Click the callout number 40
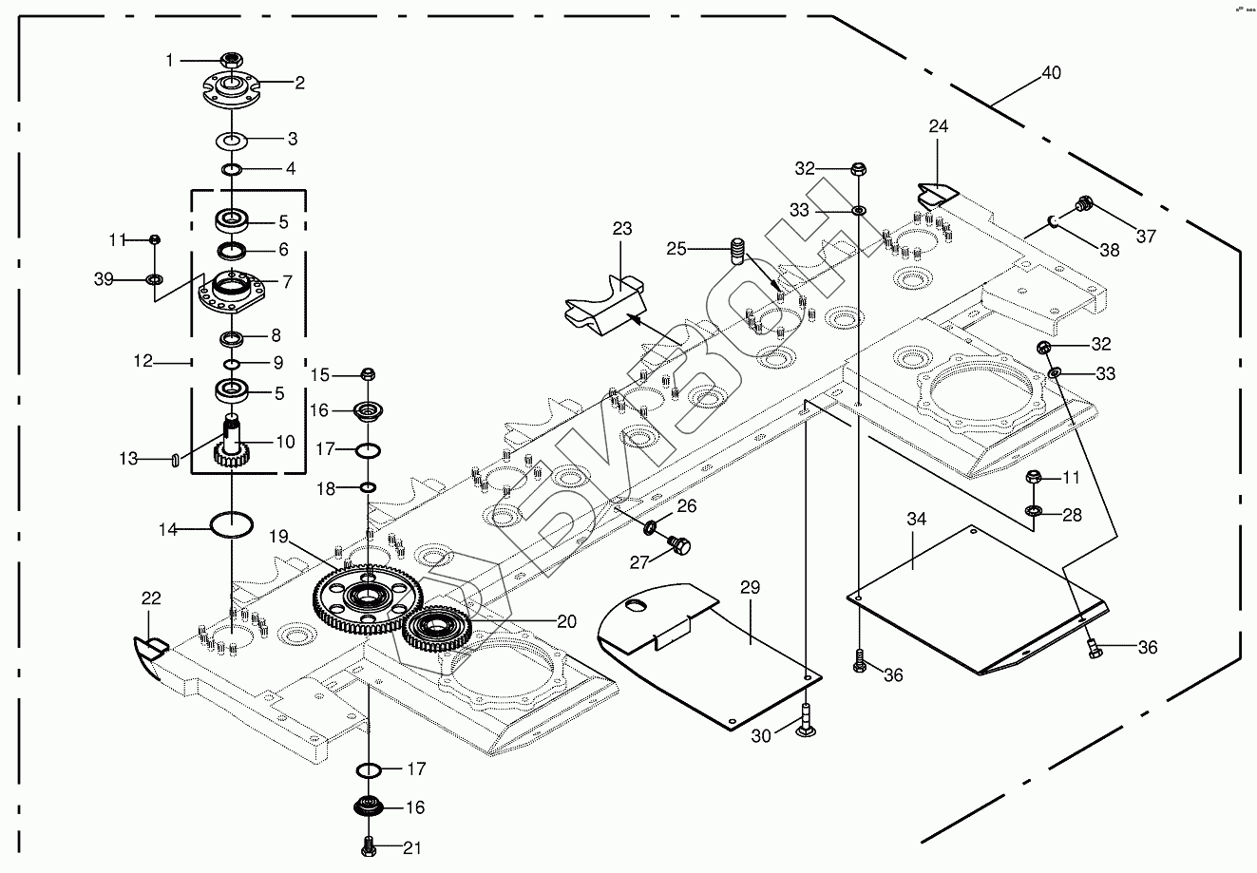pyautogui.click(x=1051, y=73)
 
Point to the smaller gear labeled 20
pyautogui.click(x=438, y=628)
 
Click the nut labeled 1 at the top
pyautogui.click(x=230, y=61)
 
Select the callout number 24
pyautogui.click(x=939, y=126)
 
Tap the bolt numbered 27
pyautogui.click(x=680, y=544)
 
